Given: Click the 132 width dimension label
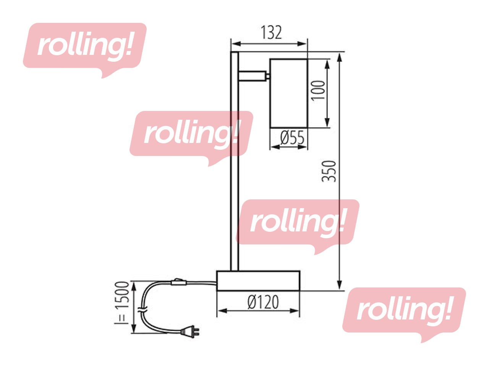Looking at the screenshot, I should pos(271,33).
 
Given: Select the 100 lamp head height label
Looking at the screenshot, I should pos(318,90).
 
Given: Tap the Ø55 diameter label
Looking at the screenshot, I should pos(292,138).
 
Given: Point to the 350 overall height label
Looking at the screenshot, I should pos(329,171).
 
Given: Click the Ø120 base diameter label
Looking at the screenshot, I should pos(263,302).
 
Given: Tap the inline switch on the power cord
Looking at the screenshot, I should pos(178,283).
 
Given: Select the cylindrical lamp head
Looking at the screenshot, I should pos(288,93).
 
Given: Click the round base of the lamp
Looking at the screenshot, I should pos(258,281).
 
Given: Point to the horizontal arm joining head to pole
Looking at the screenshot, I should pos(252,76).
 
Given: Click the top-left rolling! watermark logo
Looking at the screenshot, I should pos(84,46).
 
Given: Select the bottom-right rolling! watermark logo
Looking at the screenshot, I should pos(404,310).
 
